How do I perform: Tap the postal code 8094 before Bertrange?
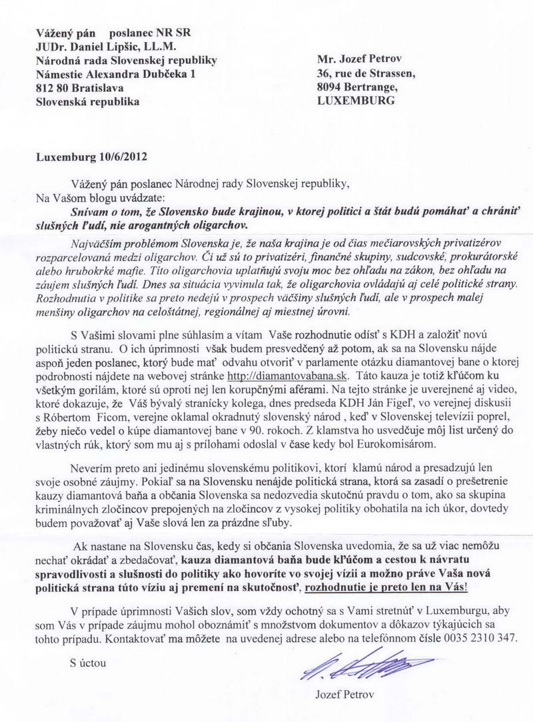click(332, 87)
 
